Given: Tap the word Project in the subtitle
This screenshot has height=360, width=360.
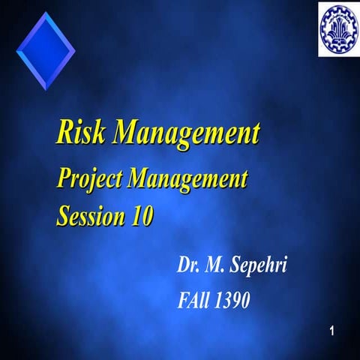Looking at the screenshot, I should (89, 181).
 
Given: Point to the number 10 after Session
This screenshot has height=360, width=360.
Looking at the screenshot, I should (142, 215).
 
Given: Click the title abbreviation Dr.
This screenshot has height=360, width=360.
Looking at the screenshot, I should (188, 265).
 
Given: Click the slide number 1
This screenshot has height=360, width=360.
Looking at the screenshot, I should (334, 331).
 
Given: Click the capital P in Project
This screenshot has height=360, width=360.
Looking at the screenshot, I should (64, 180).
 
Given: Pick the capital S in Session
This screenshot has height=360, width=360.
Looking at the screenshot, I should (64, 215).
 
